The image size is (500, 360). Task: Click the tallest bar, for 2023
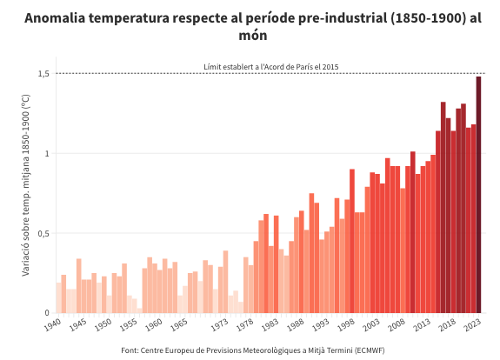(x=478, y=195)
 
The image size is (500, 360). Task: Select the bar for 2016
(x=443, y=207)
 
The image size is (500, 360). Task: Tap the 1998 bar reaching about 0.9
(x=352, y=241)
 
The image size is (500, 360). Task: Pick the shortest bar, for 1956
(x=140, y=310)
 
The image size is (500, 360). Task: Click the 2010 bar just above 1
(x=413, y=232)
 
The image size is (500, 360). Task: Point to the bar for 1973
(x=225, y=282)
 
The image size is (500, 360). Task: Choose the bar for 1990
(x=311, y=253)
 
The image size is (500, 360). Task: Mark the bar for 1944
(x=79, y=286)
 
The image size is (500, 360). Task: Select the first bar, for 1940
(x=58, y=297)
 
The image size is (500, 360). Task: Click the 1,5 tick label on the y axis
(x=43, y=74)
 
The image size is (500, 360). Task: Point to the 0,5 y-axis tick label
(x=43, y=233)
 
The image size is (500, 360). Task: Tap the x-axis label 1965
(x=178, y=325)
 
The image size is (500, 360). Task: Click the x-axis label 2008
(x=397, y=325)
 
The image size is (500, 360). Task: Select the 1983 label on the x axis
(x=270, y=325)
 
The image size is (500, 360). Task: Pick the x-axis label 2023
(x=472, y=325)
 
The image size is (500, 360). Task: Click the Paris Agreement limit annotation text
(x=271, y=67)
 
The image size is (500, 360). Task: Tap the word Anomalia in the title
(x=55, y=18)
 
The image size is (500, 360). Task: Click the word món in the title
(x=253, y=35)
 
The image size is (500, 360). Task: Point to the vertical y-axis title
(x=25, y=185)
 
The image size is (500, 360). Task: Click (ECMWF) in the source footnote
(x=370, y=350)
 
